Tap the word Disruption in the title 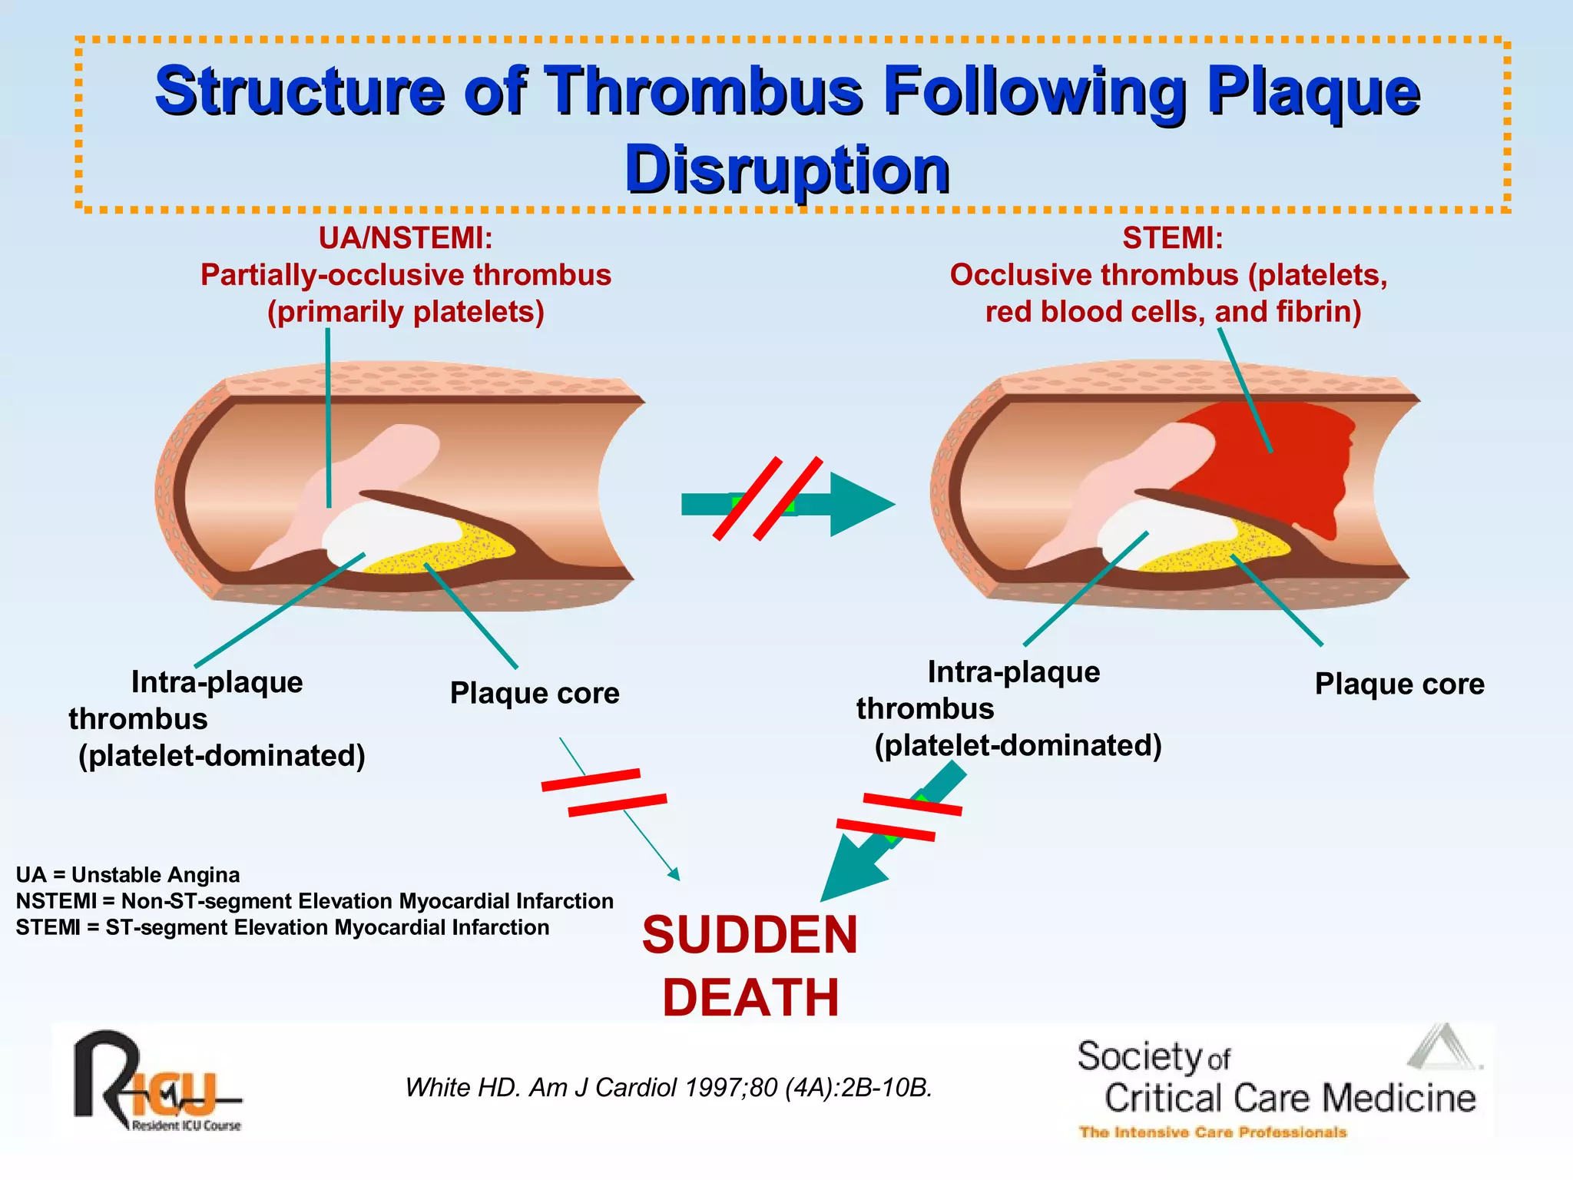point(786,170)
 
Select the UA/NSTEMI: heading point(406,238)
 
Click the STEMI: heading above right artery point(1172,238)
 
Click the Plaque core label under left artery point(535,693)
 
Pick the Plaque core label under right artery point(1399,684)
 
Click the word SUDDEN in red point(750,935)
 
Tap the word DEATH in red point(750,998)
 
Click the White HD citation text point(668,1087)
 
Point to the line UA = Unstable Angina point(127,875)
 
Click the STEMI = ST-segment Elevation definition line point(282,927)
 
